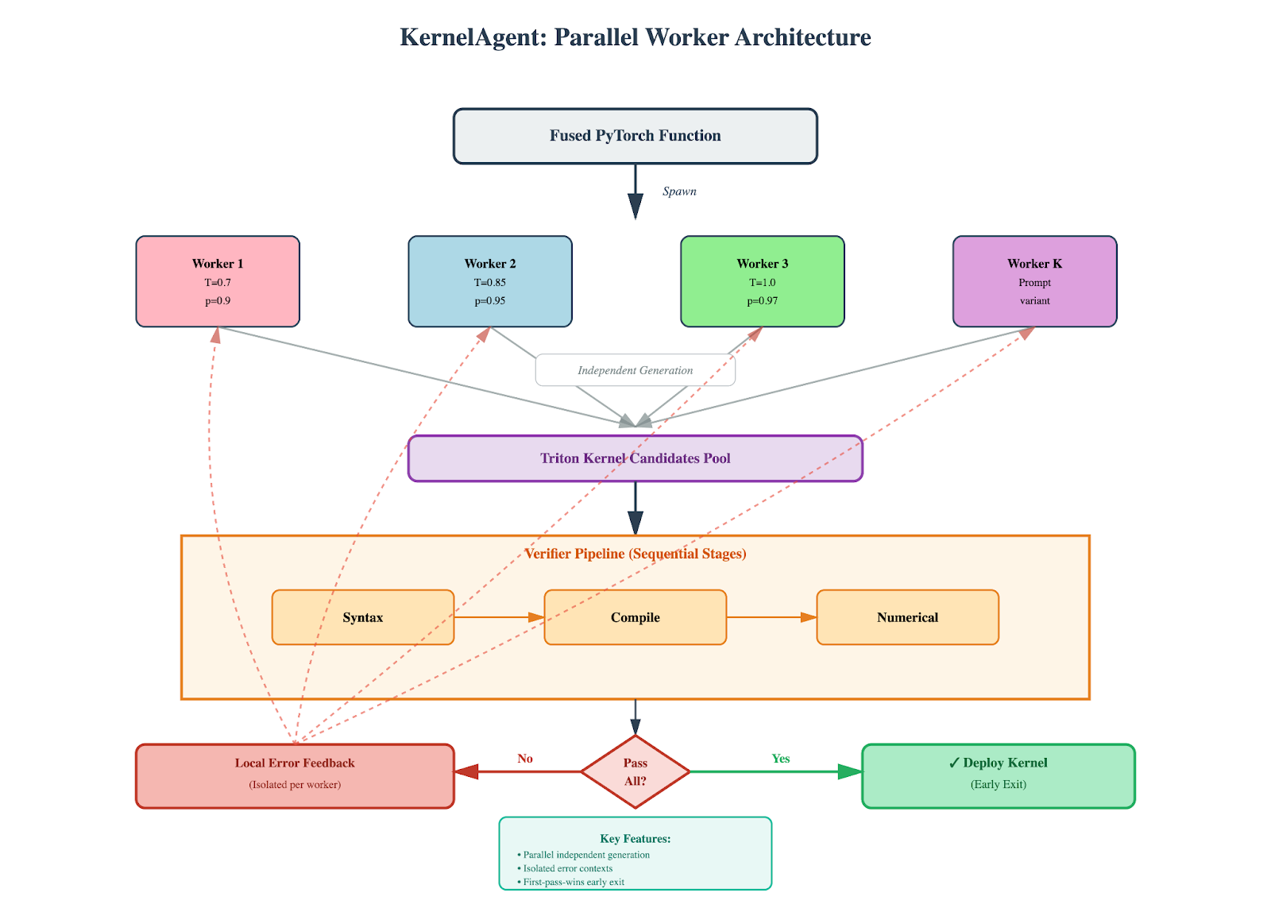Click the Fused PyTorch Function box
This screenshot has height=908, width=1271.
pyautogui.click(x=635, y=136)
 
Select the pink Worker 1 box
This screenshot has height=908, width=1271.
pyautogui.click(x=218, y=281)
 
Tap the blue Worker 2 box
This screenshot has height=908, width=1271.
pyautogui.click(x=490, y=281)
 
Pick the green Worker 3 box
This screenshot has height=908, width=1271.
pyautogui.click(x=763, y=281)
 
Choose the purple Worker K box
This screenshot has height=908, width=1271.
pyautogui.click(x=1034, y=281)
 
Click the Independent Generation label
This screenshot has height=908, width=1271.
pyautogui.click(x=635, y=370)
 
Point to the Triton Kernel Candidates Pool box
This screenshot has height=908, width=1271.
pyautogui.click(x=635, y=458)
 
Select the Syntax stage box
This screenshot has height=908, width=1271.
pyautogui.click(x=363, y=617)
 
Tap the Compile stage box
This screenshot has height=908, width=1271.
pyautogui.click(x=635, y=617)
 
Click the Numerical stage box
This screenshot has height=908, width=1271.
pyautogui.click(x=907, y=617)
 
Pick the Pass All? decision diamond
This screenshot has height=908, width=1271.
pyautogui.click(x=635, y=771)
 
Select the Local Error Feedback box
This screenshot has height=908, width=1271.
pyautogui.click(x=295, y=775)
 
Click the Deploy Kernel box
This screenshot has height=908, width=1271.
pyautogui.click(x=998, y=775)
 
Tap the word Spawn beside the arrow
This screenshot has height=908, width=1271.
pyautogui.click(x=679, y=191)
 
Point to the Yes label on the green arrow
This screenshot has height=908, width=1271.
pyautogui.click(x=781, y=759)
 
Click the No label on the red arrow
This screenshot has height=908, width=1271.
pyautogui.click(x=525, y=759)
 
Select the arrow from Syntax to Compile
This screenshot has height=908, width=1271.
pyautogui.click(x=499, y=617)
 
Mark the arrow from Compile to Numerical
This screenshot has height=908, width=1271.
pyautogui.click(x=771, y=617)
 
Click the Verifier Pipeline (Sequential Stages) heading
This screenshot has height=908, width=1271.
pyautogui.click(x=635, y=554)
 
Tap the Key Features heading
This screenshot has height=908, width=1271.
pyautogui.click(x=635, y=839)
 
